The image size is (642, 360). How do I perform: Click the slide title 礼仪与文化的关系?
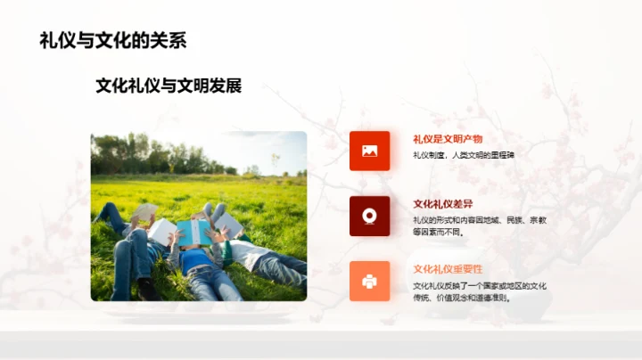pyautogui.click(x=112, y=41)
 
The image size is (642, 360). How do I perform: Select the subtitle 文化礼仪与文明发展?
pyautogui.click(x=169, y=86)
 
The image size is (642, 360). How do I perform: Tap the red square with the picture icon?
pyautogui.click(x=369, y=151)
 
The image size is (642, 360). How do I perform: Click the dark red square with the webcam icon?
pyautogui.click(x=369, y=216)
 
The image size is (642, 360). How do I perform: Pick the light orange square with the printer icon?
pyautogui.click(x=369, y=281)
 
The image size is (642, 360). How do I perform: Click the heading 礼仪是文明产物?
pyautogui.click(x=448, y=139)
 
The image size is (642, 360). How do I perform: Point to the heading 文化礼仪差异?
pyautogui.click(x=442, y=204)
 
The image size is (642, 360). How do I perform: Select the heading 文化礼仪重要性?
pyautogui.click(x=448, y=269)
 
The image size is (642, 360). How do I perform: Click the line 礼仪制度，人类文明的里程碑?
pyautogui.click(x=464, y=155)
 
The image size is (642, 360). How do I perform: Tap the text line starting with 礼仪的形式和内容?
pyautogui.click(x=479, y=219)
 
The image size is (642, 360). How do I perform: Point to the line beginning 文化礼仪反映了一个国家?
pyautogui.click(x=479, y=285)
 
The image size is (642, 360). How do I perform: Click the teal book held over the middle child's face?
pyautogui.click(x=193, y=231)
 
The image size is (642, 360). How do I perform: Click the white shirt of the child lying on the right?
pyautogui.click(x=248, y=253)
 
